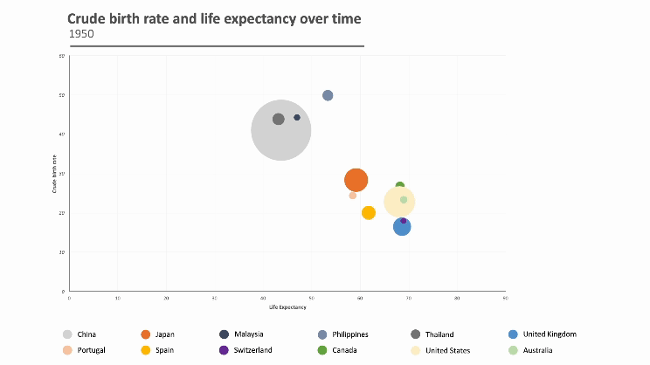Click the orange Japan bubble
pos(356,181)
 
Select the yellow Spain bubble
pos(369,212)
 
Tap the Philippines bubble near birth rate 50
pos(328,95)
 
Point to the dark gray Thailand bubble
pos(278,119)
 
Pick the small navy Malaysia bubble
pos(297,117)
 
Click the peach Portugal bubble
pos(353,196)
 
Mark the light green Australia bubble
pos(404,200)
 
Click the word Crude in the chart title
pos(87,18)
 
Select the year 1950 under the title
pos(81,34)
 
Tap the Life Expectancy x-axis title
pos(287,307)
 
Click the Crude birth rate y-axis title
pos(54,174)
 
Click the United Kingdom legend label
pos(550,334)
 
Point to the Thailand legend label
pos(439,334)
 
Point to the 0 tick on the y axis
pos(63,291)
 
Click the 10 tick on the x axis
pos(118,298)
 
